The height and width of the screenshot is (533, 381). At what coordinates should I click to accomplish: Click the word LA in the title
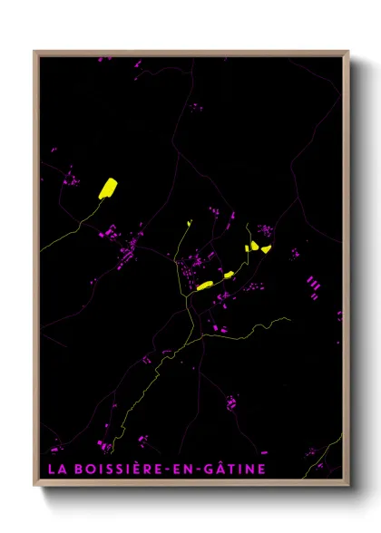click(x=56, y=469)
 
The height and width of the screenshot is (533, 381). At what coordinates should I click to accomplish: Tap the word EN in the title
click(x=186, y=469)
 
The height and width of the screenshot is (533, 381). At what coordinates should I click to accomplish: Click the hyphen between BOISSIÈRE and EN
click(x=171, y=470)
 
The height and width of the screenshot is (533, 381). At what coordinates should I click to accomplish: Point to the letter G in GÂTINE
click(x=210, y=469)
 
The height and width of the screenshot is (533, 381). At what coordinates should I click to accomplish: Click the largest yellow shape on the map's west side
click(x=107, y=188)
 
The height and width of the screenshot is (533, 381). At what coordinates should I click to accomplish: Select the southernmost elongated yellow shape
click(x=204, y=286)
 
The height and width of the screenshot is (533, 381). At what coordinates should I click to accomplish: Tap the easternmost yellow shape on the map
click(x=265, y=249)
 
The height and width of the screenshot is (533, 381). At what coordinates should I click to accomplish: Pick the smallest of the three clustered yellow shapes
click(x=246, y=247)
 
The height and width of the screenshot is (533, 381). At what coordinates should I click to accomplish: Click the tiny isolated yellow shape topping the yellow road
click(x=189, y=222)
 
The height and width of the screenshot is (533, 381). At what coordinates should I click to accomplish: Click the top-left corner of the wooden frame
click(x=35, y=53)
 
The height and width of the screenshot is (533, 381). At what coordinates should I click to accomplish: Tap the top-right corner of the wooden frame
click(x=347, y=53)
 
